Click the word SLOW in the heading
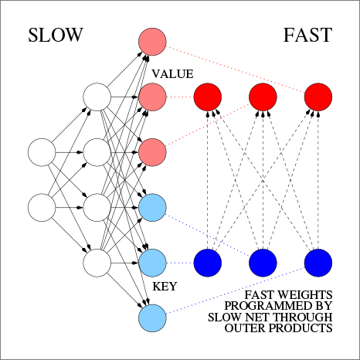pos(56,36)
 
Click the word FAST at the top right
pos(307,36)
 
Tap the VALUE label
pos(172,73)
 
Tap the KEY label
pos(165,286)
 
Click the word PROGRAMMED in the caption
pos(274,306)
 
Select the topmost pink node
pos(152,42)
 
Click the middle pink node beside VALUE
pos(152,97)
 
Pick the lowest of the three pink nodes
pos(152,152)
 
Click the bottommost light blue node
pos(152,318)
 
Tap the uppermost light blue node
pos(152,207)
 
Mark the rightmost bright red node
pos(318,97)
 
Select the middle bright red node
pos(263,97)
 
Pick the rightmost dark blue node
pos(318,263)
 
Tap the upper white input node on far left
pos(42,152)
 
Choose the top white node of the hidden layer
pos(97,97)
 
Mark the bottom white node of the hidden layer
pos(97,263)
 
